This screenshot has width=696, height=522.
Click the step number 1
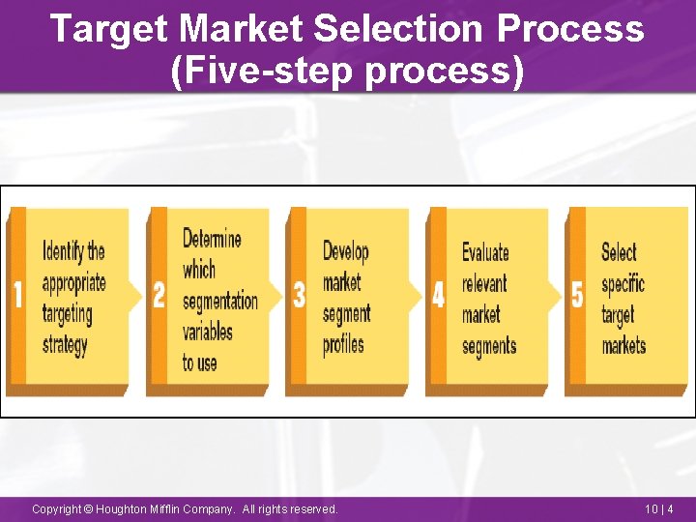click(x=17, y=294)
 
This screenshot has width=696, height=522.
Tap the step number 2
click(x=159, y=294)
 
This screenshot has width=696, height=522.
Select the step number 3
click(x=299, y=294)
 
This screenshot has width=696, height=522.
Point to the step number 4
click(x=438, y=294)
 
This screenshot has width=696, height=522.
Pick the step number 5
click(x=577, y=294)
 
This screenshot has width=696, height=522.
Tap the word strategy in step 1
click(x=65, y=345)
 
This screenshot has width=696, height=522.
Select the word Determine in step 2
click(x=212, y=239)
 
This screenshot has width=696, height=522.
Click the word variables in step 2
click(x=208, y=332)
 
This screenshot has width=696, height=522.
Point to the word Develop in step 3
click(x=345, y=252)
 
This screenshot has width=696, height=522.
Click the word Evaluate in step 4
click(x=485, y=253)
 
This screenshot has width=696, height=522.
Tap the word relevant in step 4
click(x=484, y=284)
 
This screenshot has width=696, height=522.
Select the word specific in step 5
click(x=623, y=284)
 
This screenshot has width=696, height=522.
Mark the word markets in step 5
click(x=623, y=345)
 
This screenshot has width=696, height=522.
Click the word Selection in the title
click(x=400, y=29)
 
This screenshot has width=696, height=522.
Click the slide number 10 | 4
click(x=658, y=508)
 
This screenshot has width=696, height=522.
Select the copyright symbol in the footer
click(x=89, y=508)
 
